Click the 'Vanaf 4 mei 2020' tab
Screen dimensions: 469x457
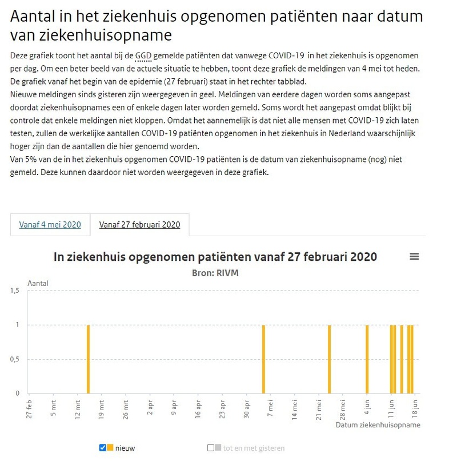(x=50, y=224)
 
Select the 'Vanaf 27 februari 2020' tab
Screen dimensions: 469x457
(x=139, y=224)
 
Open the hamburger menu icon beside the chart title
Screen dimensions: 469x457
(x=414, y=257)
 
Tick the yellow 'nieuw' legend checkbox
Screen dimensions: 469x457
(x=103, y=448)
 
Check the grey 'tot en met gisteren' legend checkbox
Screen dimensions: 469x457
(x=210, y=448)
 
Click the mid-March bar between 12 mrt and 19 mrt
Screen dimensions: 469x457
(x=89, y=359)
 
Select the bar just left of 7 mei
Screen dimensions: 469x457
(x=263, y=359)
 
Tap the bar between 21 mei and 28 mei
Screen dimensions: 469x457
(x=330, y=359)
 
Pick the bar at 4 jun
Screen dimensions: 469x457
(x=367, y=359)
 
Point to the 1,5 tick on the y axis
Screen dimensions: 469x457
(x=15, y=291)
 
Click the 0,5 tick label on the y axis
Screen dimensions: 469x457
(x=15, y=359)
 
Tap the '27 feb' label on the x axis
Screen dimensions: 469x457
(x=29, y=409)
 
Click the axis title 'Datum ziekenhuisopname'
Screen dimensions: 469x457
(x=378, y=426)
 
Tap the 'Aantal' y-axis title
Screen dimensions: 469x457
(x=38, y=283)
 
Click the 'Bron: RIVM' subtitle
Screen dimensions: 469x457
(x=215, y=273)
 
